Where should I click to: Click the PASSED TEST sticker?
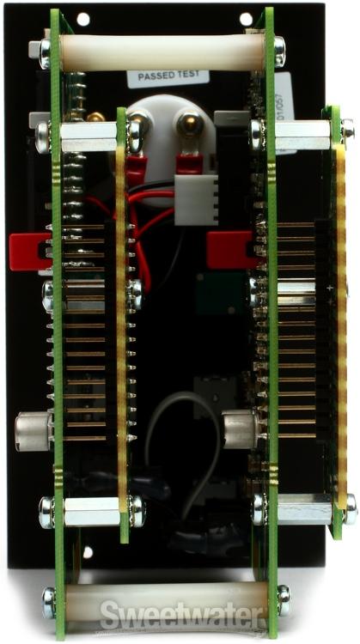point(168,76)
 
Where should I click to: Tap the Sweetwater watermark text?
point(180,616)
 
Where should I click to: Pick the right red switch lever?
point(229,248)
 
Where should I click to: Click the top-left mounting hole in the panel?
point(82,18)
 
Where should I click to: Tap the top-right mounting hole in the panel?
point(246,18)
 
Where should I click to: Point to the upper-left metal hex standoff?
point(88,137)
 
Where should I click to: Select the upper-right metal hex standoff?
point(301,133)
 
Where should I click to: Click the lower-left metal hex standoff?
point(91,512)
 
